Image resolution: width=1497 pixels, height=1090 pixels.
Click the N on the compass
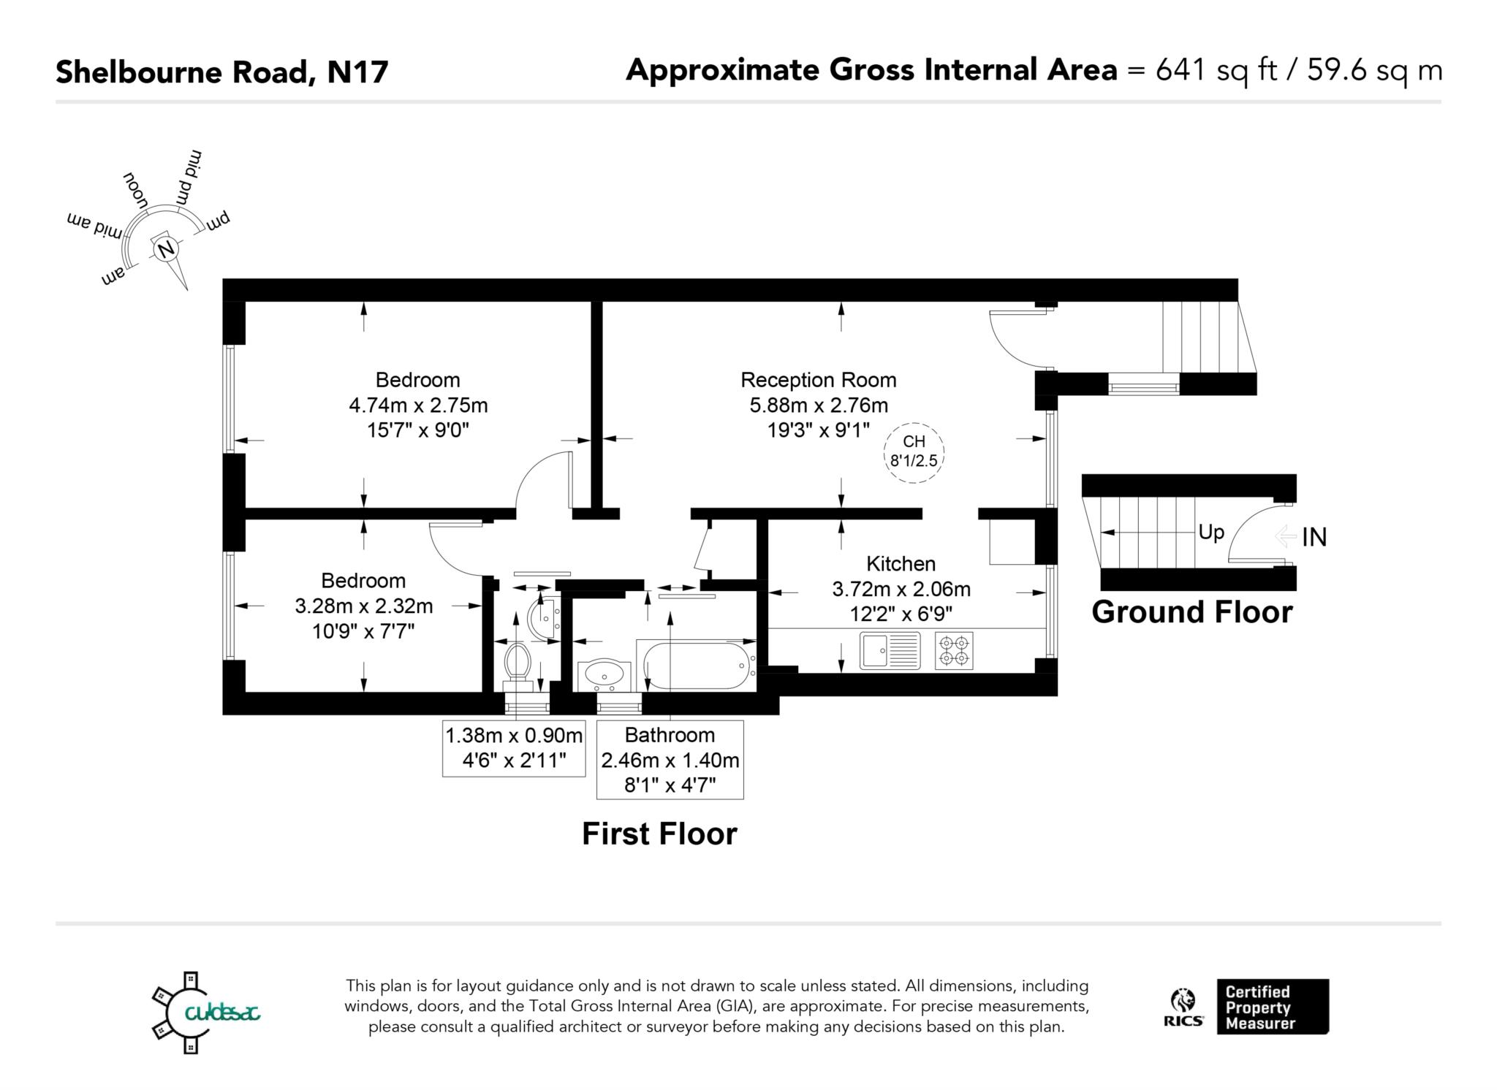[166, 249]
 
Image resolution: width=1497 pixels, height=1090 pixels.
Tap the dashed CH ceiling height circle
[914, 452]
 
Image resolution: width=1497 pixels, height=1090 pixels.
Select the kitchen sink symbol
[890, 650]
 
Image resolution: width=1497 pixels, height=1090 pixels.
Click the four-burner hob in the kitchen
[954, 650]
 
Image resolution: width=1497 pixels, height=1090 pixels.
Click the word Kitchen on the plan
[901, 564]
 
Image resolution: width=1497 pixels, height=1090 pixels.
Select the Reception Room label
[818, 380]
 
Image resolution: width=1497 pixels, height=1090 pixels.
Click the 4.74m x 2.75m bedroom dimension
[418, 405]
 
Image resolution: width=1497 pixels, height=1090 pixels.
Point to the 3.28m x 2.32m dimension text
[363, 606]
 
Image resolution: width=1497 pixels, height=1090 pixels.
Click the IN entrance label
[1314, 538]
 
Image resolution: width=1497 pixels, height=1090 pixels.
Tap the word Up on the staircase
[1210, 533]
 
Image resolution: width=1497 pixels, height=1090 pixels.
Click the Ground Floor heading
[1191, 612]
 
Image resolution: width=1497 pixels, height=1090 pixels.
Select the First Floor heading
[659, 834]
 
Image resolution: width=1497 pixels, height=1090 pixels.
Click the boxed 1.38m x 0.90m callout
[514, 747]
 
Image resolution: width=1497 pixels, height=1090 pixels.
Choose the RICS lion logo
[1183, 1007]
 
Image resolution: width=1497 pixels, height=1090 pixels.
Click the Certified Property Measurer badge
[1272, 1007]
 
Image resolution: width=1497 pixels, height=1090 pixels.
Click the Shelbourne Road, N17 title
[222, 72]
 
